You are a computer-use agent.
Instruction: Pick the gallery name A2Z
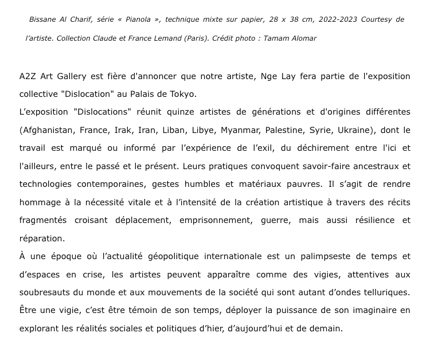click(x=28, y=76)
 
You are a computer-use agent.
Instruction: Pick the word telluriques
click(x=385, y=292)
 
